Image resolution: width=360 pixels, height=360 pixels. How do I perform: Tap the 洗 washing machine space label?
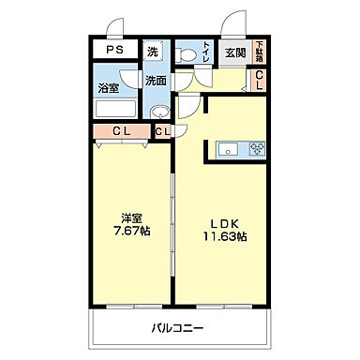coord(154,52)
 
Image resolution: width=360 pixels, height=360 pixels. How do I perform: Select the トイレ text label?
coord(205,52)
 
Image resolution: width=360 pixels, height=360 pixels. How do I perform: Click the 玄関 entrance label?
coord(234,53)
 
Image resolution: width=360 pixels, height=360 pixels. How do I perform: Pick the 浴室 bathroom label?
coord(108,89)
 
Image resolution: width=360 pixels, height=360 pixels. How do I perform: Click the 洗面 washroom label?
coord(155,81)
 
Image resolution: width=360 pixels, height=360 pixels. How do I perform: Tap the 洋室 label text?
coord(129,222)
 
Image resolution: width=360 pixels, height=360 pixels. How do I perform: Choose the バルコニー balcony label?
coord(178,328)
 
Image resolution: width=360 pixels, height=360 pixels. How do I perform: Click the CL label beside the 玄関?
coord(260,82)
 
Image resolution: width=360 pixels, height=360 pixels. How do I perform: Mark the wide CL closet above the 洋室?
coord(121,131)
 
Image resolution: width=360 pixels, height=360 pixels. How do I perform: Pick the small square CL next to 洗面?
coord(162,131)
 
